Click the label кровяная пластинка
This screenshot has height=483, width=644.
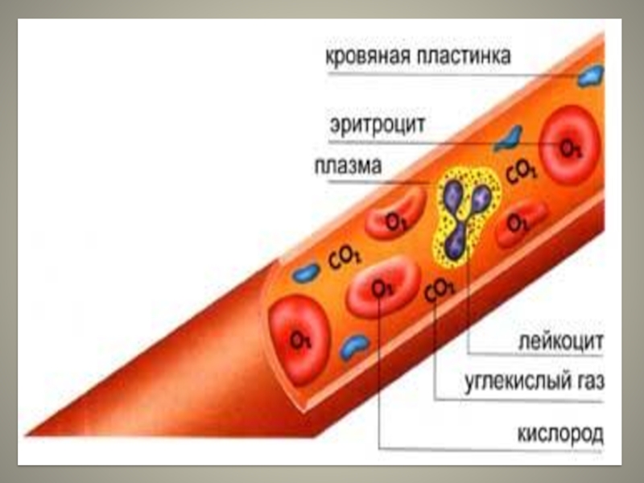click(x=418, y=57)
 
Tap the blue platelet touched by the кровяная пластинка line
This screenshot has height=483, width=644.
click(x=590, y=76)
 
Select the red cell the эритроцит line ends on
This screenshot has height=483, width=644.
click(x=570, y=147)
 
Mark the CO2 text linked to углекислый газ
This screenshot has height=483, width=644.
click(x=439, y=289)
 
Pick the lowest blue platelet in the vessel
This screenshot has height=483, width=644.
click(x=354, y=346)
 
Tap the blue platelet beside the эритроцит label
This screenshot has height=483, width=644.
click(x=508, y=138)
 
